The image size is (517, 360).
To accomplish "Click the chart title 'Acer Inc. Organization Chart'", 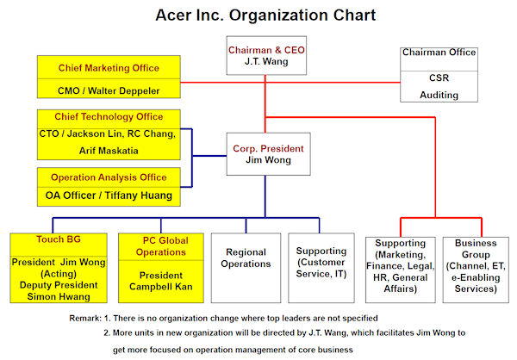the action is click(265, 16).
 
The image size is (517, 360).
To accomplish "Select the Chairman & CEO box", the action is click(266, 55).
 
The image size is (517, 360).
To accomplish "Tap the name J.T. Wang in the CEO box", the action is click(266, 61).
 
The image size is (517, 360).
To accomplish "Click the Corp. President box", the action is click(268, 154).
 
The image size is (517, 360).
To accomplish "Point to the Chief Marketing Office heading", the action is click(109, 68).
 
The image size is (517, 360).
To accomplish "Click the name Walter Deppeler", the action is click(123, 90).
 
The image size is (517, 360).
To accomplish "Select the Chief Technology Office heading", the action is click(109, 117).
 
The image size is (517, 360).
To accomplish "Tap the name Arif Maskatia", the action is click(109, 151).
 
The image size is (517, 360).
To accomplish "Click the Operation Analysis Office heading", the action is click(109, 177).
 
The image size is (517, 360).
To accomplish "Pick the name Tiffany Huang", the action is click(139, 196).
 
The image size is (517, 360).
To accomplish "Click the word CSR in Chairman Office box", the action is click(439, 78).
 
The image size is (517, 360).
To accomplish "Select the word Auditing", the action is click(439, 95).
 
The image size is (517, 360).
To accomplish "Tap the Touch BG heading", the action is click(59, 239).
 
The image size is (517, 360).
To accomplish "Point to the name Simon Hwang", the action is click(59, 296).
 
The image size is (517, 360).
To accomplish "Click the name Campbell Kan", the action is click(161, 287).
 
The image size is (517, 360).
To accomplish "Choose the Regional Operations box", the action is click(246, 268).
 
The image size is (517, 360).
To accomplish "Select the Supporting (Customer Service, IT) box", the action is click(321, 268).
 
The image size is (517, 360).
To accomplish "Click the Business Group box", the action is click(476, 270).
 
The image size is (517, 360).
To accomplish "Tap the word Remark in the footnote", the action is click(84, 318).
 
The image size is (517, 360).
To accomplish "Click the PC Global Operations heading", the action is click(162, 246).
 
